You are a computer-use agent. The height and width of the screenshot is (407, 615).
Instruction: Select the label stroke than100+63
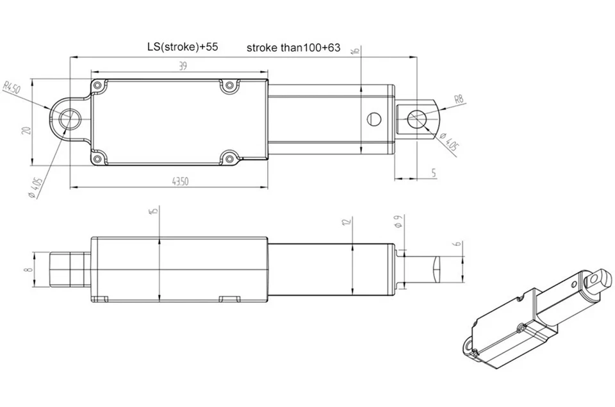293,48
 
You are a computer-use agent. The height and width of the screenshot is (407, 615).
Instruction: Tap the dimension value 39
183,66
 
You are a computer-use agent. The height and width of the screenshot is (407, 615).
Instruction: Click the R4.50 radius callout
13,88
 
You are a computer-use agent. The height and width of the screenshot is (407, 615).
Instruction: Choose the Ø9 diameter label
397,222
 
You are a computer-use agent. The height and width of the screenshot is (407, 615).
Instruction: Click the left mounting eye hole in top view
69,119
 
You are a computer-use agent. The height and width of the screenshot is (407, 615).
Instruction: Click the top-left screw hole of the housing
97,85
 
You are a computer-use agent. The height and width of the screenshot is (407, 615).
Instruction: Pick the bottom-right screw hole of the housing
229,156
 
